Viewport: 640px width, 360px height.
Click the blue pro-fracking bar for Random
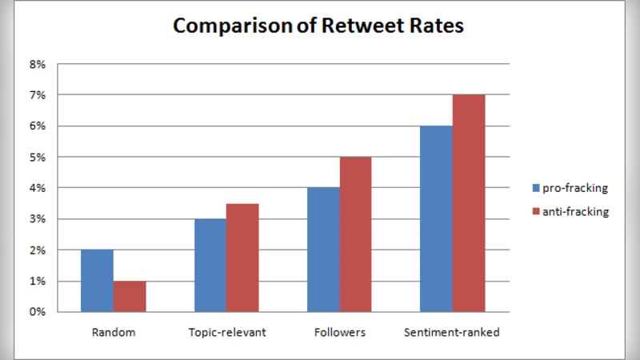coord(97,281)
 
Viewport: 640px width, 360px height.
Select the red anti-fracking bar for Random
coord(130,296)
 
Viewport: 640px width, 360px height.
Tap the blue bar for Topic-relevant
coord(210,265)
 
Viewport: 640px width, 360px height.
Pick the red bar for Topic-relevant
coord(242,258)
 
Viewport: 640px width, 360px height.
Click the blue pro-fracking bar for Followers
coord(323,250)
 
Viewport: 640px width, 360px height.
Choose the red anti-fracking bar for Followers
coord(355,234)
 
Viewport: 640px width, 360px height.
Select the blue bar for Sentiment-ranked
coord(436,218)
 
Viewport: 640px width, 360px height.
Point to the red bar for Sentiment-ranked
coord(469,203)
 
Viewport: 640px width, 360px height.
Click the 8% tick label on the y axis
coord(38,64)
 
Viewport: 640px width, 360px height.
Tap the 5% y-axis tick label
coord(38,157)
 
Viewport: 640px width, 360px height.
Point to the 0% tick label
coord(38,312)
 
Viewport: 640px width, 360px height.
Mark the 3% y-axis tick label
coord(38,219)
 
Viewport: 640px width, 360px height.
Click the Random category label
coord(114,332)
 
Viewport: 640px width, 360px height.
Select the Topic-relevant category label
coord(226,332)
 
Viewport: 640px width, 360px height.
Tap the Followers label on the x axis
coord(339,332)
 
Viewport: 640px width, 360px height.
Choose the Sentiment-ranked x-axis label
coord(452,332)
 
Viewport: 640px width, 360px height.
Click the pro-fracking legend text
coord(576,189)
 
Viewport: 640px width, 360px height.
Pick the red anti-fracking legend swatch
coord(537,212)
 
